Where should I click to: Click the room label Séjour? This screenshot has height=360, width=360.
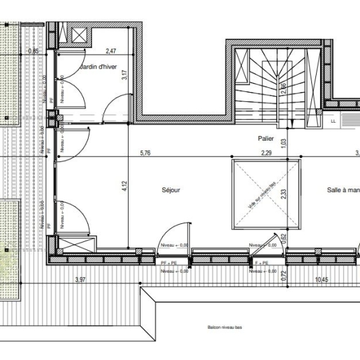[171, 190]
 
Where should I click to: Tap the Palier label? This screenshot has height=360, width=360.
[267, 139]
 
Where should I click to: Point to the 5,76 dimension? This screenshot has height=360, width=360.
[146, 153]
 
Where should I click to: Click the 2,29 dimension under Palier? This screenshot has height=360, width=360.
[267, 153]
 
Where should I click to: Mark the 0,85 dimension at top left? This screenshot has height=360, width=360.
[33, 51]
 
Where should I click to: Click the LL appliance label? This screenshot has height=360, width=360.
[333, 122]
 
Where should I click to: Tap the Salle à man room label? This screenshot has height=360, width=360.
[343, 190]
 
